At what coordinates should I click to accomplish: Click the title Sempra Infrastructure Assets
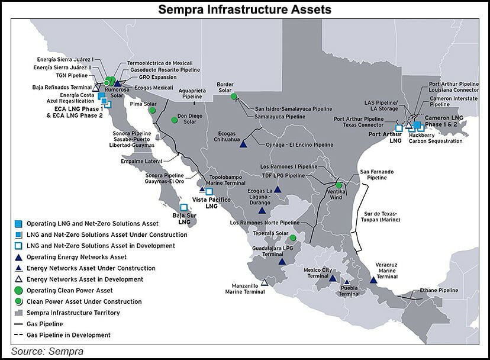click(245, 9)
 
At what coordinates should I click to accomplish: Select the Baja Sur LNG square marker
click(183, 207)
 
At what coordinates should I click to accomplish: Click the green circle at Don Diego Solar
click(175, 120)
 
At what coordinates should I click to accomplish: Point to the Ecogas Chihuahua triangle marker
click(243, 144)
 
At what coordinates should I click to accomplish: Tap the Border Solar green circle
click(234, 97)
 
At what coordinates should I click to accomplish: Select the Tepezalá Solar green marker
click(292, 238)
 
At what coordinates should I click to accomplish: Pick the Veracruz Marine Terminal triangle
click(373, 279)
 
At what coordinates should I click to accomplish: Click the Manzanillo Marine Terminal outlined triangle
click(264, 282)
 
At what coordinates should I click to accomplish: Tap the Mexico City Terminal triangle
click(333, 278)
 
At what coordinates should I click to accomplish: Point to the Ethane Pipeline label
click(439, 290)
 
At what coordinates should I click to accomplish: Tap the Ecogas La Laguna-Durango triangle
click(261, 210)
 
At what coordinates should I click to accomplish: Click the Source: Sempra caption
click(47, 351)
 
